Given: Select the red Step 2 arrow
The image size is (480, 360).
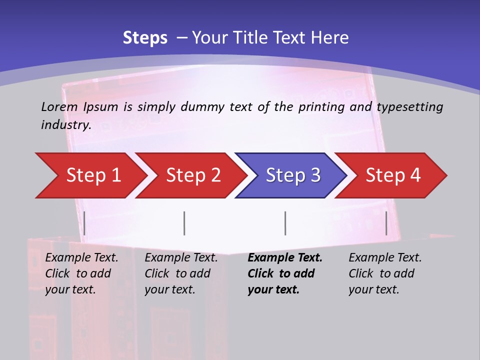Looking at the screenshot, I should pyautogui.click(x=192, y=175).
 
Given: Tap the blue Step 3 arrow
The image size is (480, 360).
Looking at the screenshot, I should pyautogui.click(x=292, y=175).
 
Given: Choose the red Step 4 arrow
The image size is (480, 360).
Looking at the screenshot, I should pyautogui.click(x=392, y=175).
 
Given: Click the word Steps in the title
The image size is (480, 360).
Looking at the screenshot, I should pyautogui.click(x=145, y=38).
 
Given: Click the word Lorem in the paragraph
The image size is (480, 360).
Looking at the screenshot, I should pyautogui.click(x=59, y=106).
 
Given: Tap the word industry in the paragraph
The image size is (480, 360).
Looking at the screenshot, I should pyautogui.click(x=65, y=125).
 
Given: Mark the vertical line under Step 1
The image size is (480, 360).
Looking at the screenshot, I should pyautogui.click(x=84, y=223).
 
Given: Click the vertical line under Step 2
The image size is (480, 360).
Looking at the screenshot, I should pyautogui.click(x=184, y=223).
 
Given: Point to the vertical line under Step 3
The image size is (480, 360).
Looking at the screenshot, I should pyautogui.click(x=285, y=223).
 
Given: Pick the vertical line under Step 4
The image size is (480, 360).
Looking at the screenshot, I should pyautogui.click(x=386, y=223).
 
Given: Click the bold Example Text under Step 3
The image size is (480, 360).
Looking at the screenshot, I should pyautogui.click(x=285, y=258).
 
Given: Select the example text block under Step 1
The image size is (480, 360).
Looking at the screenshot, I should pyautogui.click(x=81, y=273).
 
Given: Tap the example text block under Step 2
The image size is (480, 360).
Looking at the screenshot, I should pyautogui.click(x=181, y=273).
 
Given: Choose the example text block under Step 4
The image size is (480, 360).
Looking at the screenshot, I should pyautogui.click(x=385, y=273).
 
